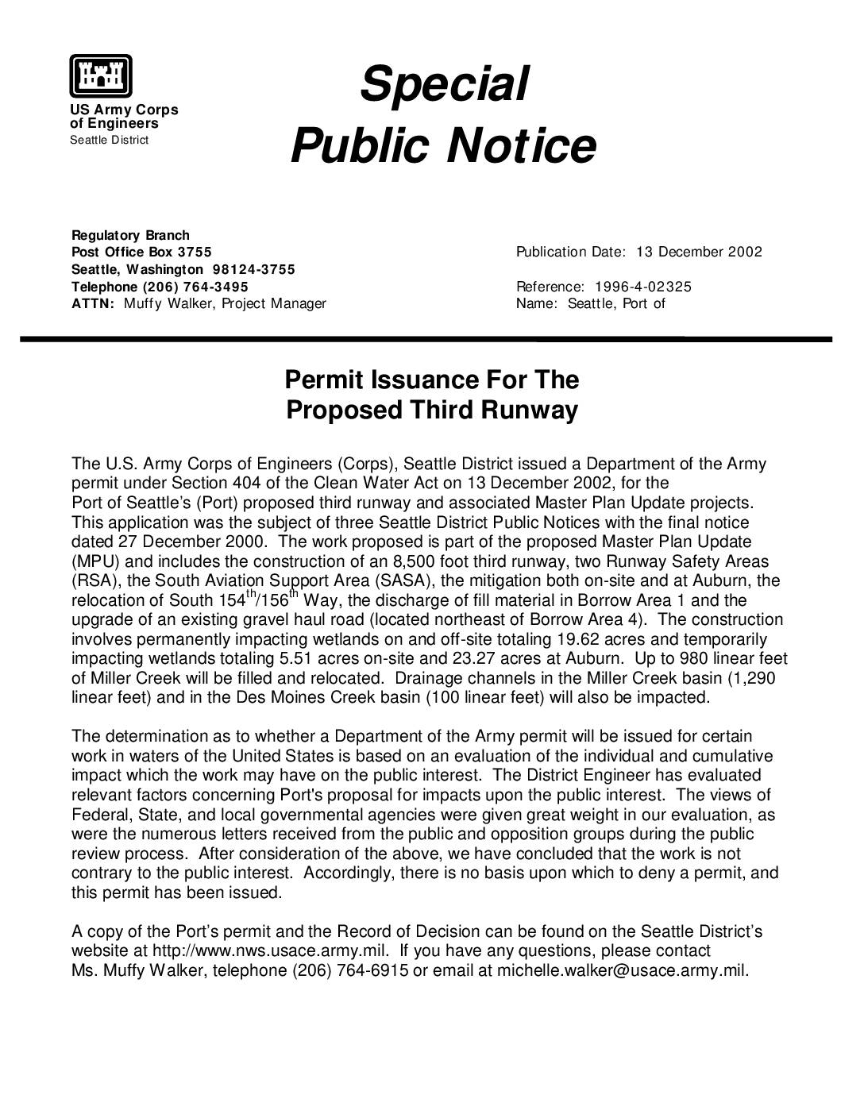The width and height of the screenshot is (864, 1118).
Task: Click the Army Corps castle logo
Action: pos(100,75)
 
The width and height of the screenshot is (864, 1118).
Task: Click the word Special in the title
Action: pos(443,84)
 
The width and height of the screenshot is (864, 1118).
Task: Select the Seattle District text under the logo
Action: pos(109,141)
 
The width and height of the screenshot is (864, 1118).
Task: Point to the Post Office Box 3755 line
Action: pos(141,253)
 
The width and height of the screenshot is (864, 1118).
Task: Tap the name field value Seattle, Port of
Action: pos(615,303)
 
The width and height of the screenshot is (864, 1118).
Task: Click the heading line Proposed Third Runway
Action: pos(431,411)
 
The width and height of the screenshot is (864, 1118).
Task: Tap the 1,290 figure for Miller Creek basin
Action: pos(753,678)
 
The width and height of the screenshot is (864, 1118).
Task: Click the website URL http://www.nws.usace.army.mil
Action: pos(270,951)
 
